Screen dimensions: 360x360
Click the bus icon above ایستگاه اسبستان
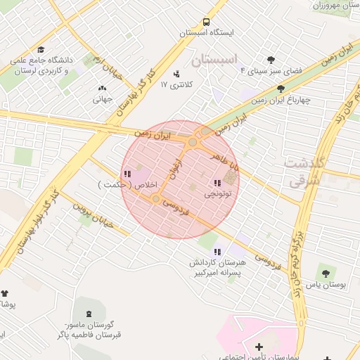click(206, 22)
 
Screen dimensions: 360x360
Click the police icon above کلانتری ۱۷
click(176, 73)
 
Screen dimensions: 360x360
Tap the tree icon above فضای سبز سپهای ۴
click(271, 60)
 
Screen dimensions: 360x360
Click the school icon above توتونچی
click(217, 183)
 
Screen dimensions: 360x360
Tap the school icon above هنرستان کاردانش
click(217, 251)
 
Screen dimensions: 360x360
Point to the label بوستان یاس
click(324, 285)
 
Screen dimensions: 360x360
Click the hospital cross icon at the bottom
click(259, 347)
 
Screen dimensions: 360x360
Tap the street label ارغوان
click(173, 167)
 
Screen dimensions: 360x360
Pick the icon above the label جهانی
click(103, 88)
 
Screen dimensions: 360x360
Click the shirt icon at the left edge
click(5, 293)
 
